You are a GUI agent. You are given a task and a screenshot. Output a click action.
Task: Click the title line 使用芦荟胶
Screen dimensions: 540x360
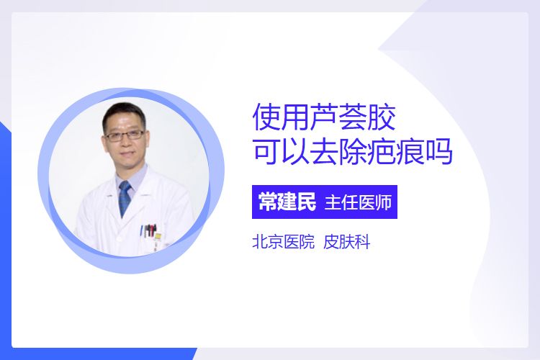coord(324,117)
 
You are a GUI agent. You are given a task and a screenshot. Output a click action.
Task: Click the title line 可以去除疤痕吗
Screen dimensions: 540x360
coord(352,151)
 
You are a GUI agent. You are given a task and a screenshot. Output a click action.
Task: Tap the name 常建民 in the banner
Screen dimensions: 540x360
coord(287,202)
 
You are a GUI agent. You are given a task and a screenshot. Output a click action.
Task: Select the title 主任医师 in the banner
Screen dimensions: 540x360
coord(358,202)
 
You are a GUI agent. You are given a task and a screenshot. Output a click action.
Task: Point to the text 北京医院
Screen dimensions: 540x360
coord(284,242)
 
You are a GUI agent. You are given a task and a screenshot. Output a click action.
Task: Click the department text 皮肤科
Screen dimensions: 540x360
coord(347,242)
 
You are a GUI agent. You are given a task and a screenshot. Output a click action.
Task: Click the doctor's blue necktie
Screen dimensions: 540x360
coord(125,198)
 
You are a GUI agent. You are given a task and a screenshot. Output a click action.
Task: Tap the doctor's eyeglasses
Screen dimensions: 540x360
coord(125,135)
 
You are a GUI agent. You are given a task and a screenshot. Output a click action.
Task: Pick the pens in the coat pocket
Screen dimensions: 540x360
coord(149,230)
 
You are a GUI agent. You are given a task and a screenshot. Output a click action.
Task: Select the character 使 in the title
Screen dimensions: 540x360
coord(266,117)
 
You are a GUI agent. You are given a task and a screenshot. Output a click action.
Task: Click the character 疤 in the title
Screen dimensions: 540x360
coord(381,151)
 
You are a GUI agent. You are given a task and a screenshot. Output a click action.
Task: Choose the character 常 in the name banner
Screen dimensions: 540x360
coord(268,202)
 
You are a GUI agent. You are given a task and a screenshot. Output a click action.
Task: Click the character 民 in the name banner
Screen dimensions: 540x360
coord(307,202)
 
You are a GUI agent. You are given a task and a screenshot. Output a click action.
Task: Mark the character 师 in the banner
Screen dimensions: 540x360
coord(384,202)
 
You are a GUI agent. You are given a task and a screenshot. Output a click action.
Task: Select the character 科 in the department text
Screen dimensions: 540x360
coord(362,242)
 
